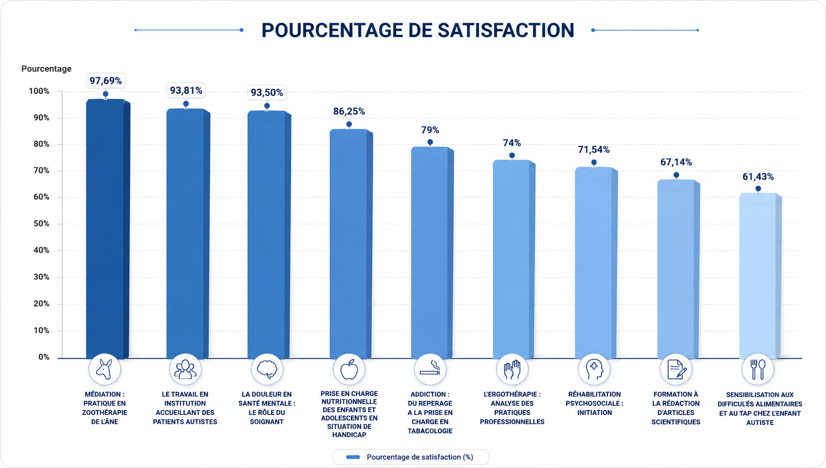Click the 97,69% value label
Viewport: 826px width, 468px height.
[106, 81]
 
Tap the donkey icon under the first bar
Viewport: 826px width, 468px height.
[104, 369]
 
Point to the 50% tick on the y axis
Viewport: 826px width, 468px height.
[41, 224]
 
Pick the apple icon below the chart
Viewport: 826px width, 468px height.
[349, 369]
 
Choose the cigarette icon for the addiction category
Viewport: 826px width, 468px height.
[430, 368]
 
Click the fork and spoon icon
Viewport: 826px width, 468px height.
[758, 369]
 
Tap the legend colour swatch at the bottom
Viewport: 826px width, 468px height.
[353, 457]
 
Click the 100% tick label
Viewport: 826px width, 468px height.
[39, 91]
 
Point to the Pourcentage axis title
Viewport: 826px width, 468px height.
[47, 68]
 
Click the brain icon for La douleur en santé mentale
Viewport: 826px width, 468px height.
[267, 369]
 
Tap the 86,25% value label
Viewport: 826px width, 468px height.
[349, 112]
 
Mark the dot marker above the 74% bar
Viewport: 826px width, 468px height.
[512, 156]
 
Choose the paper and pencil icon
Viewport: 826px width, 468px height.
[676, 369]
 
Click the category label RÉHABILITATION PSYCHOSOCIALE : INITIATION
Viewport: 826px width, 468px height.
[594, 404]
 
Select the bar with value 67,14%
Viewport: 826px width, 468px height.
[678, 269]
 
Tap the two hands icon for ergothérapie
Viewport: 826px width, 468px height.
[512, 369]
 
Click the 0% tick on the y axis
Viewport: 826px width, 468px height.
[44, 357]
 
